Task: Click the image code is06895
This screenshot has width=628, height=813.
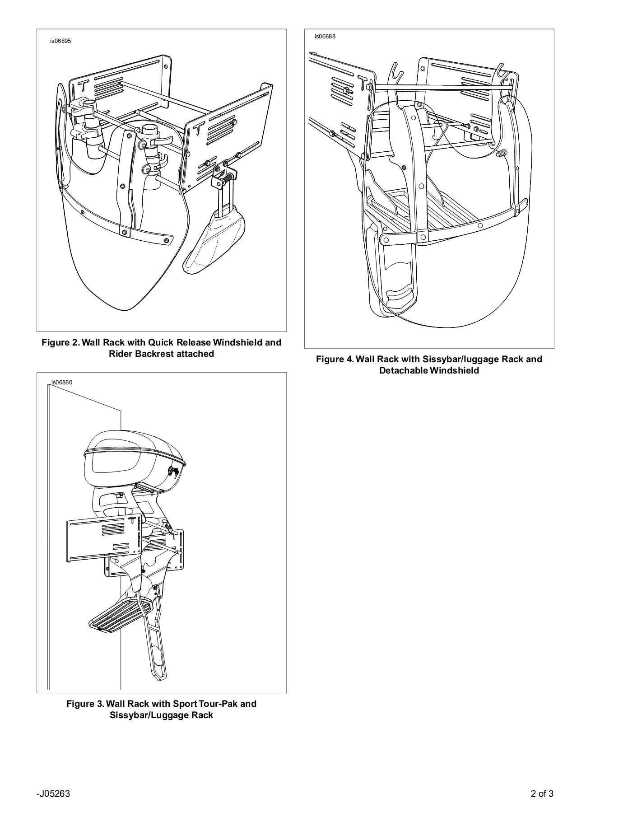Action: (60, 41)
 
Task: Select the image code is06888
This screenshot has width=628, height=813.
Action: (325, 36)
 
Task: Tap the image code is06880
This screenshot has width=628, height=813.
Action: (62, 383)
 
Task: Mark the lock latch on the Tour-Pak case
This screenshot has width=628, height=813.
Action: (174, 472)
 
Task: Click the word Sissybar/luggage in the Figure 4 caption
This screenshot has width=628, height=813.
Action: (460, 359)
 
